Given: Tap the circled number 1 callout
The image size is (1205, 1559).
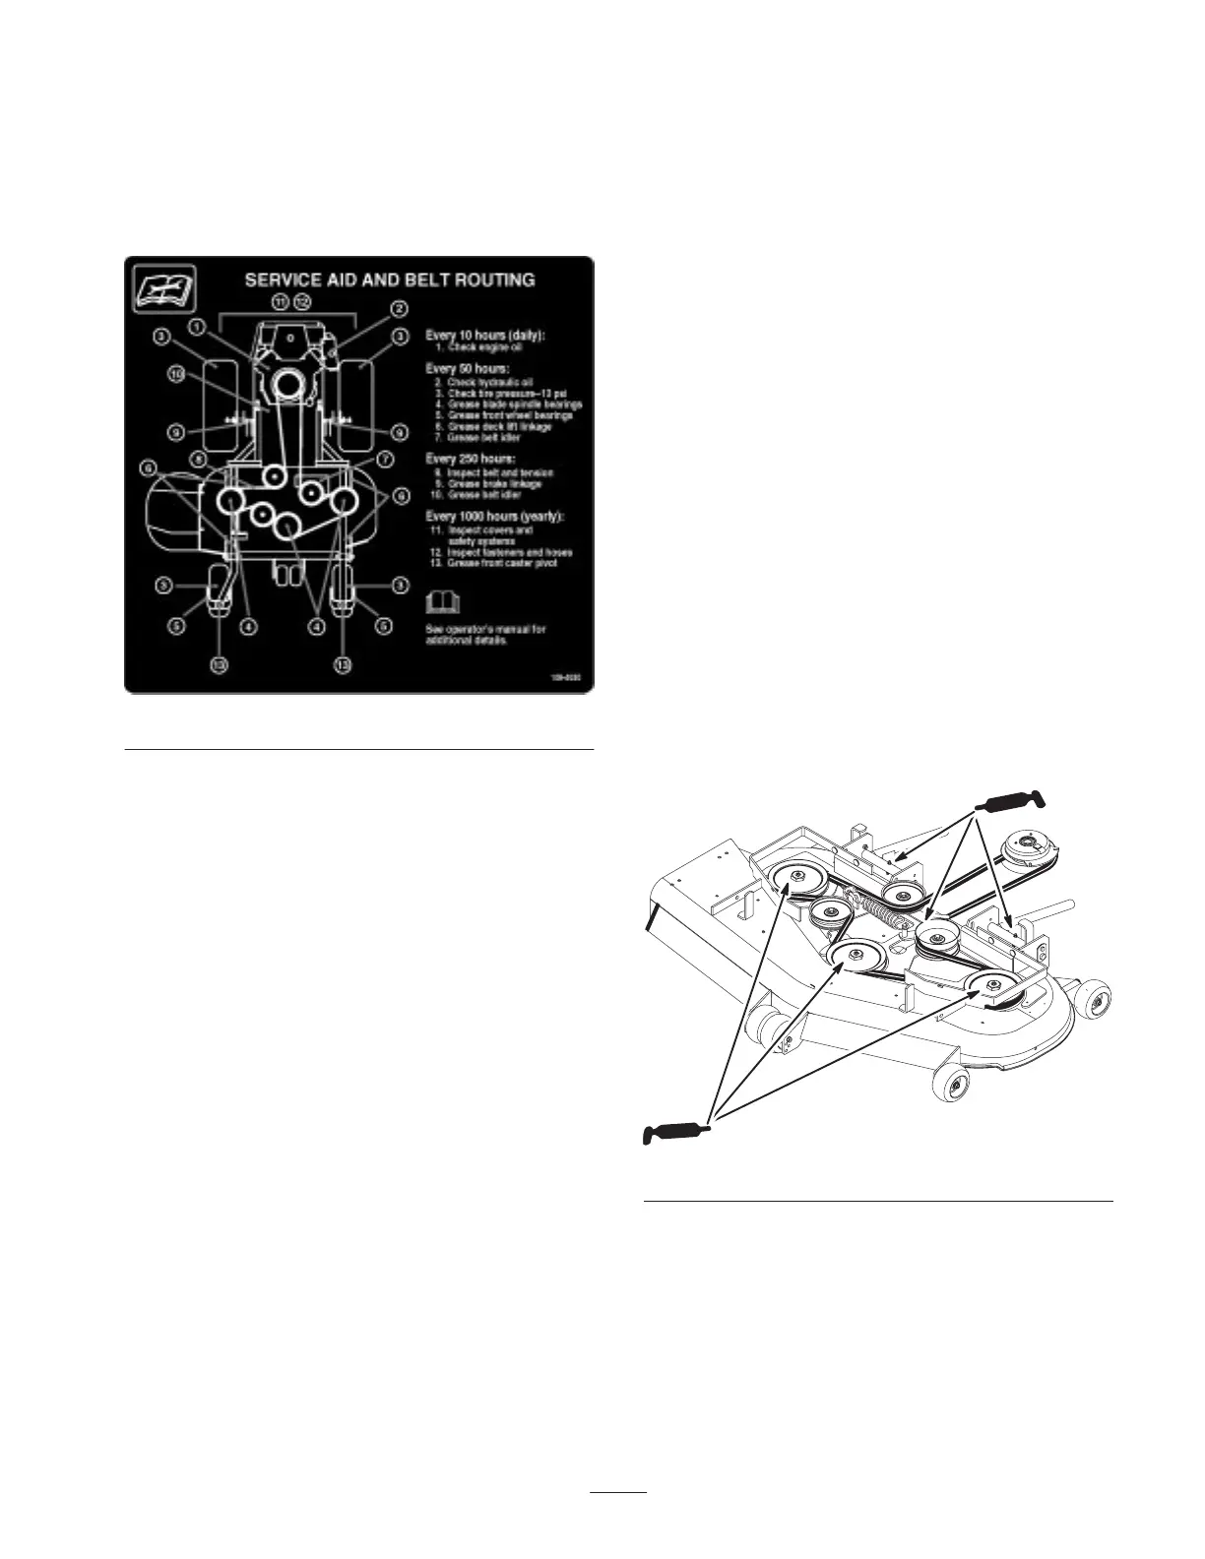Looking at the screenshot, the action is point(198,325).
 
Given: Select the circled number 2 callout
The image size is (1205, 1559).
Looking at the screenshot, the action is point(400,308).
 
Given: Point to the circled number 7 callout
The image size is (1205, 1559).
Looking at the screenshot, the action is point(385,459).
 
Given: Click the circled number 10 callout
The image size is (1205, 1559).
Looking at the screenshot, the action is point(175,374).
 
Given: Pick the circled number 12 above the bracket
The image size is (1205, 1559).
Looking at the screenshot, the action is point(303,301).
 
